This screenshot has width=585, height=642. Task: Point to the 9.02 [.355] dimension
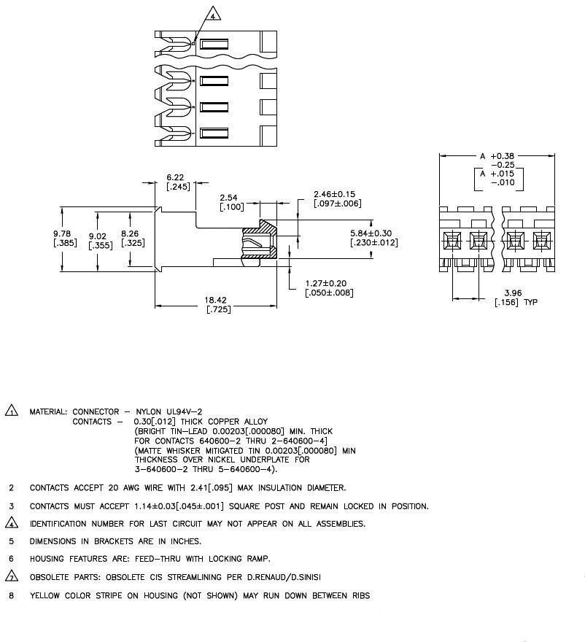(x=100, y=241)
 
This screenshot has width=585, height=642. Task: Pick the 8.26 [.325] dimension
(x=132, y=238)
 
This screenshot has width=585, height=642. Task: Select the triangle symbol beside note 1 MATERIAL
(x=12, y=411)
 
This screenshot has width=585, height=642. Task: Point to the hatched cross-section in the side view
(x=267, y=230)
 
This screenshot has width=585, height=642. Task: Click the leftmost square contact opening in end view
(x=453, y=239)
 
